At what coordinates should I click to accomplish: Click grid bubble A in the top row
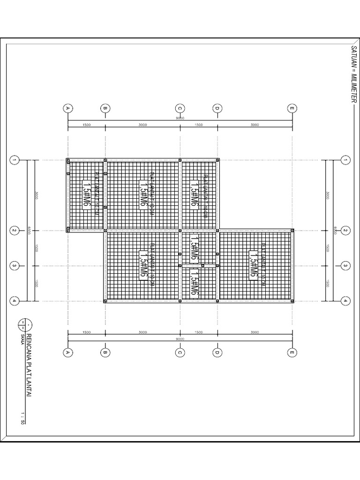[68, 109]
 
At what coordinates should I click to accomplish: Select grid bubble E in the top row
[292, 109]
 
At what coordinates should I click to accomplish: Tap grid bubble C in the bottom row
[180, 352]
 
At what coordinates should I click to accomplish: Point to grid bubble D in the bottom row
[217, 352]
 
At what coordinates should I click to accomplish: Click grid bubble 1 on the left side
[15, 160]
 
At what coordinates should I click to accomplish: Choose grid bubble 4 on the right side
[345, 300]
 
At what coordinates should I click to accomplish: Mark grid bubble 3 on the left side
[15, 266]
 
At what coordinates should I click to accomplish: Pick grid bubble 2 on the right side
[345, 231]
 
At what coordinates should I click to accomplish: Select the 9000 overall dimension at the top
[180, 119]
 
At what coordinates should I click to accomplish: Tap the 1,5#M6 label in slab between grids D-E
[254, 266]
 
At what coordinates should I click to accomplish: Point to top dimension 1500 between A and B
[86, 125]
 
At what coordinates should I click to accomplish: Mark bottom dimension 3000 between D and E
[255, 332]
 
